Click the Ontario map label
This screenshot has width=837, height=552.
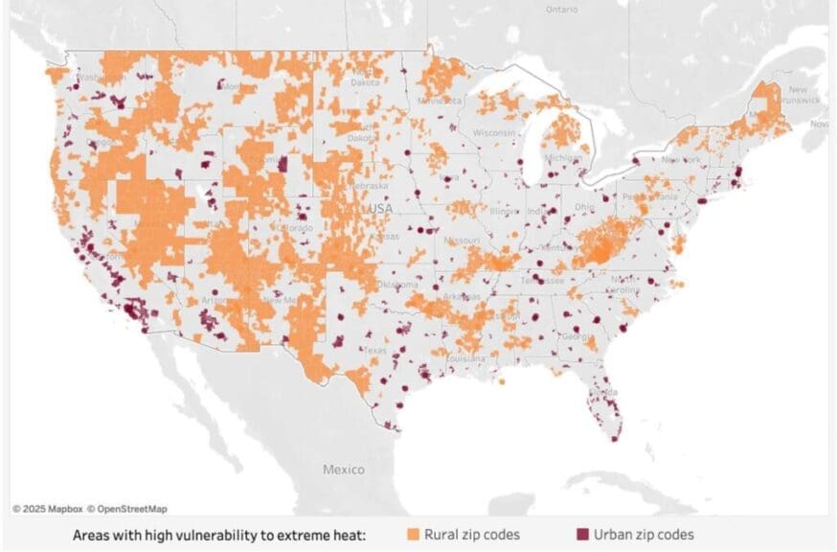[x=561, y=9]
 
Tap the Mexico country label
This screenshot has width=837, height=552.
[x=343, y=470]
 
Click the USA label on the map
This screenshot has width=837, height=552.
[x=379, y=208]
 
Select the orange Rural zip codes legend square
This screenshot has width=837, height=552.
[x=414, y=534]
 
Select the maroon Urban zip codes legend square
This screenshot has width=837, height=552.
[x=580, y=534]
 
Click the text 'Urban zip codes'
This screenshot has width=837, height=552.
[x=644, y=534]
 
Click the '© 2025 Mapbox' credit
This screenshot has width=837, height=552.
[x=47, y=509]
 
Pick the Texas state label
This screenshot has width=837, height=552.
[x=374, y=351]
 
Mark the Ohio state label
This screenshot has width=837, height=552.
[x=583, y=205]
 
